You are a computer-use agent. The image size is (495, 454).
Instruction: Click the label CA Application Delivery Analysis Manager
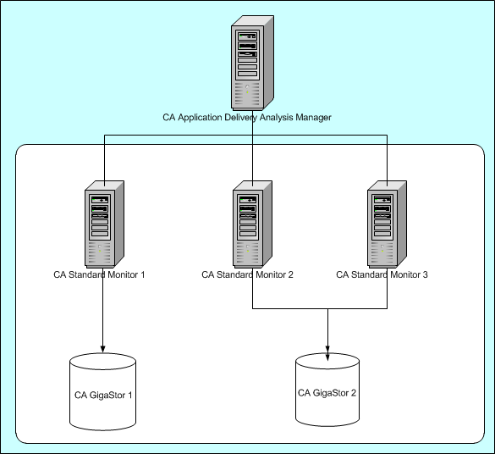click(246, 117)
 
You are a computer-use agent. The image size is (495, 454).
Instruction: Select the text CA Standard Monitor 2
click(247, 274)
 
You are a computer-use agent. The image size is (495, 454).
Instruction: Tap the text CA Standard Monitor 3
click(382, 274)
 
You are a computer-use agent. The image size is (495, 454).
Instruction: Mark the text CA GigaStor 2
click(327, 392)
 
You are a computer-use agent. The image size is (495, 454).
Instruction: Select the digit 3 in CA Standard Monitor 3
click(426, 274)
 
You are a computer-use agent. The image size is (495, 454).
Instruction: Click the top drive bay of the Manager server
click(248, 36)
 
